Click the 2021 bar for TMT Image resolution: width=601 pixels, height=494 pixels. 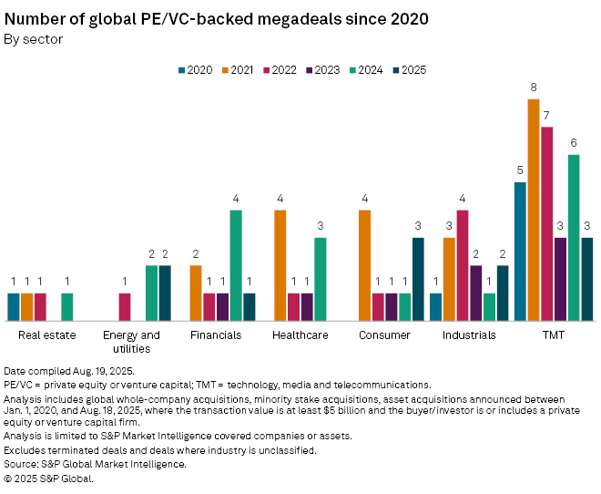point(534,210)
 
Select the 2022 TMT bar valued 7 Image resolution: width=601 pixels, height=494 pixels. point(547,223)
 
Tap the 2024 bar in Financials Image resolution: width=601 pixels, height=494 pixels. point(236,265)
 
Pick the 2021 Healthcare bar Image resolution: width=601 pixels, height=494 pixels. point(280,265)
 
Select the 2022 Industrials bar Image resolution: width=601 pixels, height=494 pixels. point(463,265)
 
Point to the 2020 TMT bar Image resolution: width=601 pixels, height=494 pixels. point(521,252)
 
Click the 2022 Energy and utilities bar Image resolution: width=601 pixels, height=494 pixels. point(125,306)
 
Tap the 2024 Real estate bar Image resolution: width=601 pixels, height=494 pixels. point(67,306)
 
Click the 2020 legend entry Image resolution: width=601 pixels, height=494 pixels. point(194,70)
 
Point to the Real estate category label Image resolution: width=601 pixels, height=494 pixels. point(46,335)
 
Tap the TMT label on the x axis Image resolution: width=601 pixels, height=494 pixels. point(553,335)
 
